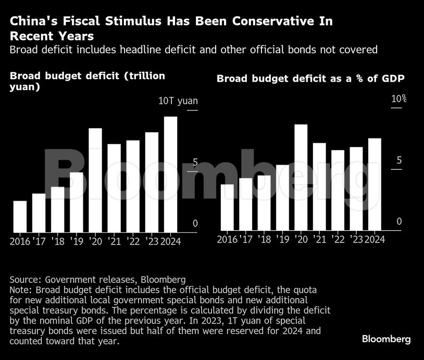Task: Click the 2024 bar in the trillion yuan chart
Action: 171,174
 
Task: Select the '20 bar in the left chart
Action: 95,180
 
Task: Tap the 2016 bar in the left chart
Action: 20,216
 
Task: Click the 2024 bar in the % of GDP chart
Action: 375,184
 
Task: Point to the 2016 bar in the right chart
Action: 227,207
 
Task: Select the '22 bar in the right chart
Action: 338,190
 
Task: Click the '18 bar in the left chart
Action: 57,209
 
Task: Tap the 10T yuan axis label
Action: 178,101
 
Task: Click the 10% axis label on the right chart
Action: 399,99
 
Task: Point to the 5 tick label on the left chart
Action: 195,163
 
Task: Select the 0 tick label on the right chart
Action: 399,222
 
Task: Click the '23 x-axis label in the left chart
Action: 152,241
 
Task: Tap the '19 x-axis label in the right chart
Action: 283,239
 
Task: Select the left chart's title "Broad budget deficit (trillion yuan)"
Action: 88,81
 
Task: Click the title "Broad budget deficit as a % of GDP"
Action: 311,79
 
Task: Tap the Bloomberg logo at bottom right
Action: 386,339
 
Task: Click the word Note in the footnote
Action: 20,289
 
